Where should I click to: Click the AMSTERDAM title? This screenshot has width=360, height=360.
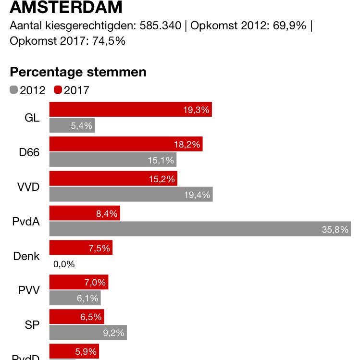tap(66, 8)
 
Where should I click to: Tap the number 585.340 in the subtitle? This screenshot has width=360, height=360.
tap(161, 26)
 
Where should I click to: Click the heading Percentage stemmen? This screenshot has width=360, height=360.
tap(78, 72)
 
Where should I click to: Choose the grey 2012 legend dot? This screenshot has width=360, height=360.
tap(14, 90)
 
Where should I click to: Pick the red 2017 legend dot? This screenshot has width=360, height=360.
tap(58, 90)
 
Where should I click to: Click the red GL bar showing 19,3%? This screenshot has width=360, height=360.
tap(130, 110)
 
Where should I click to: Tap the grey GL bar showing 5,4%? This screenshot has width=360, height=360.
tap(72, 125)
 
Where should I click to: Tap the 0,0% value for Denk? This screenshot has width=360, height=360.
tap(64, 264)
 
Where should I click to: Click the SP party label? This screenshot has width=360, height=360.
tap(32, 325)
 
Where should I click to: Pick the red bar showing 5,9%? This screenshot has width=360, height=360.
tap(74, 351)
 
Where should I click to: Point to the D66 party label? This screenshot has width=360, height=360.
tap(29, 153)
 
